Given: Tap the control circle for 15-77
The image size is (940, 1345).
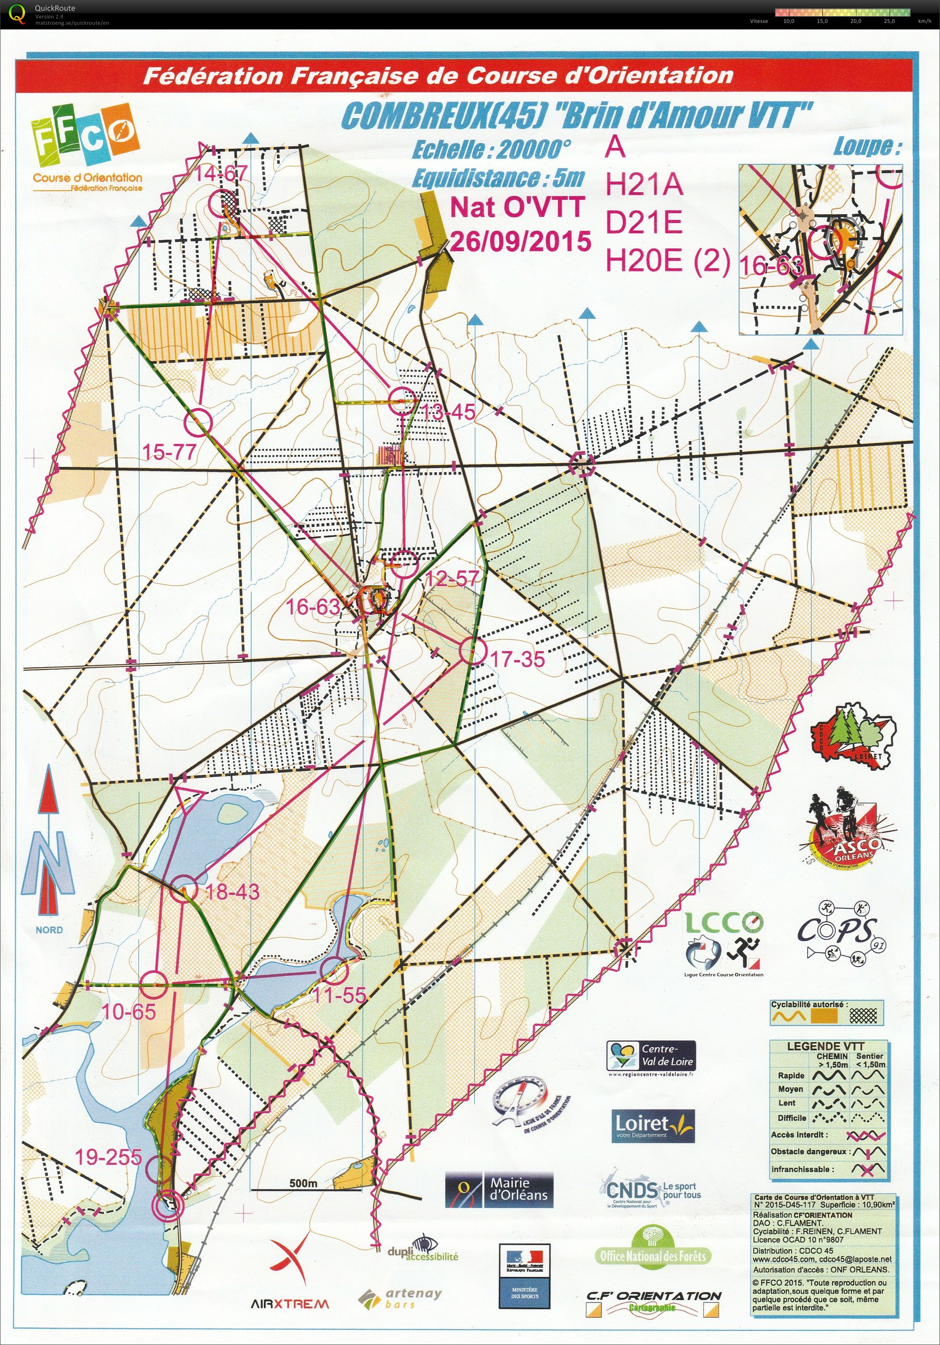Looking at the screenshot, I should click(x=198, y=421).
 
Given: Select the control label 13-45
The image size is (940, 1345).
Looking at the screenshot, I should click(x=449, y=412).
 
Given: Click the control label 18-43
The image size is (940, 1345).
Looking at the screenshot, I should click(x=232, y=892).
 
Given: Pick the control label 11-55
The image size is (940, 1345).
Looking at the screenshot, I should click(x=339, y=995).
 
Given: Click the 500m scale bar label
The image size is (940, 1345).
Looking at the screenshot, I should click(x=303, y=1183).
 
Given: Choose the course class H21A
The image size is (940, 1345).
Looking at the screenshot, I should click(x=644, y=186).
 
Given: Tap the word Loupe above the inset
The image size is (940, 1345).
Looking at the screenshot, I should click(x=867, y=147).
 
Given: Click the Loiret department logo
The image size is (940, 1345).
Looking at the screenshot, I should click(x=653, y=1125).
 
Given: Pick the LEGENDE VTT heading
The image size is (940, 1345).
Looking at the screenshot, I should click(x=825, y=1046).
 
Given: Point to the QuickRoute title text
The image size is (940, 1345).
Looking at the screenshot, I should click(x=55, y=8).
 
